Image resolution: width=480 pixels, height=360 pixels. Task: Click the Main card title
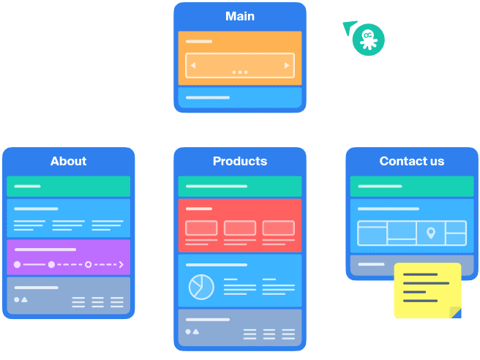(240, 16)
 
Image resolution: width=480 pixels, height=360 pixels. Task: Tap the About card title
(68, 161)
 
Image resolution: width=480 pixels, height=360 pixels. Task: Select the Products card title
(239, 161)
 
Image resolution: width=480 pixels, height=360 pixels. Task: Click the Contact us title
(411, 161)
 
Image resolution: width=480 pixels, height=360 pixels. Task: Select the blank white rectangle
(92, 80)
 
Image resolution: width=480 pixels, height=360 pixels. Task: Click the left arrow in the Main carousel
(193, 66)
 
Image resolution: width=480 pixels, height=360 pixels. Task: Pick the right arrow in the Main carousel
(287, 66)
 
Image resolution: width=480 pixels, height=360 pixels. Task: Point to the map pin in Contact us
(431, 233)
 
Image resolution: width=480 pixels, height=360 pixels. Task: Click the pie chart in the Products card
(200, 287)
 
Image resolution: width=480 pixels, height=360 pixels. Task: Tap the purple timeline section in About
(68, 257)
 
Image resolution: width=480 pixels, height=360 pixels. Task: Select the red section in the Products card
(239, 225)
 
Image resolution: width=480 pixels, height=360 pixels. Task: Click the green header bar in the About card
(68, 187)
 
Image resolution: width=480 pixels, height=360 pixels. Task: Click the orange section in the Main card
(240, 58)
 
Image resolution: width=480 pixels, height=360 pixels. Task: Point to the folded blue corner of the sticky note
(456, 313)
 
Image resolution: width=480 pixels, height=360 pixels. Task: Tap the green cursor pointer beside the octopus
(348, 27)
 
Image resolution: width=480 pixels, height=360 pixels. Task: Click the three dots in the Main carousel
(240, 72)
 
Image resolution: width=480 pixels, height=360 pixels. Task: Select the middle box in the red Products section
(239, 228)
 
